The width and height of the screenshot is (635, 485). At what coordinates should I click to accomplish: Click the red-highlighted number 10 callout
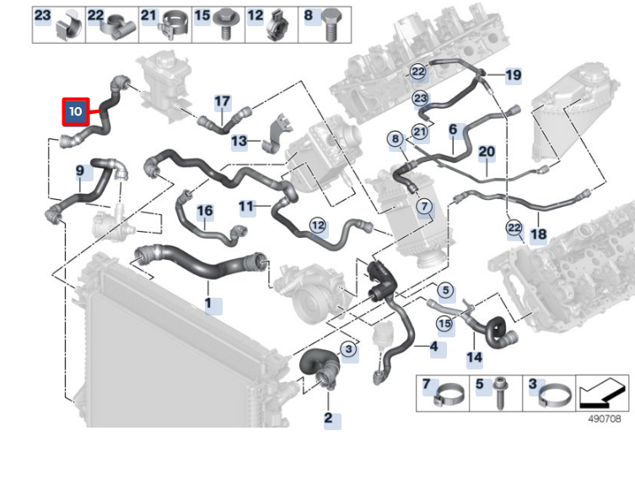click(x=75, y=111)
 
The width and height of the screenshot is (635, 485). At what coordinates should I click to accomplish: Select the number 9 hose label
click(x=80, y=171)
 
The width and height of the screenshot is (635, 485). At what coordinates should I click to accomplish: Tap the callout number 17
click(x=222, y=102)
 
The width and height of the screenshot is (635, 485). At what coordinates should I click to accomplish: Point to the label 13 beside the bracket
click(x=239, y=141)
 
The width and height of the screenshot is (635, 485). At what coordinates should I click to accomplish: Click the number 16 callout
click(x=205, y=211)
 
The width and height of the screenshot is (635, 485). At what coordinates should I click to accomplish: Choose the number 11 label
click(x=246, y=206)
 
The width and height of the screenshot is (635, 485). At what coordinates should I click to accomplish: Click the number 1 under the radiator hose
click(x=208, y=303)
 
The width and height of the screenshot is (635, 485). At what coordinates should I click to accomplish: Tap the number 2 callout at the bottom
click(x=328, y=418)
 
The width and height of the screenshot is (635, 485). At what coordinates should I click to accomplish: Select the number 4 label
click(x=433, y=347)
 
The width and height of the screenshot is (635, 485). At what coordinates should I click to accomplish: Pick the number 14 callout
click(x=475, y=357)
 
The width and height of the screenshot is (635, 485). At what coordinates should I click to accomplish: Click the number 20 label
click(x=487, y=153)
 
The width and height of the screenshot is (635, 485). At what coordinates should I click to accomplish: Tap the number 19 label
click(x=514, y=76)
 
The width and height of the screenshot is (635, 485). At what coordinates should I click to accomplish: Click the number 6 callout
click(x=453, y=130)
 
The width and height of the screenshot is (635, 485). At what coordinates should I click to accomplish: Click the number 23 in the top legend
click(x=42, y=15)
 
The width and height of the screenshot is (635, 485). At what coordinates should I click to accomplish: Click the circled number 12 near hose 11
click(x=317, y=225)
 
